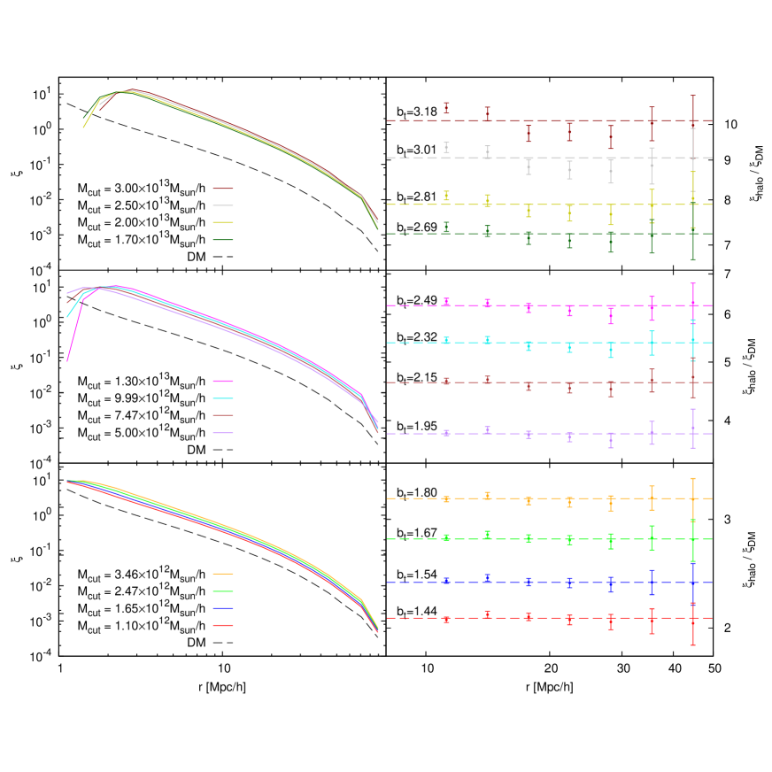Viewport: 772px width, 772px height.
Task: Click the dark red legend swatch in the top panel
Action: (223, 189)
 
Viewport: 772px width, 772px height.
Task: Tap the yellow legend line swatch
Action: (223, 222)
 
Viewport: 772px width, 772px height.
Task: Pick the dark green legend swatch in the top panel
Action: (223, 240)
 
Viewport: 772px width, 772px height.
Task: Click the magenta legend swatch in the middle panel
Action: (223, 381)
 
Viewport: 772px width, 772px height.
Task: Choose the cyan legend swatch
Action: (223, 398)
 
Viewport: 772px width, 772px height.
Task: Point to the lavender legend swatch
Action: (223, 433)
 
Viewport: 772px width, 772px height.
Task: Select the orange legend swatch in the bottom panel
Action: (223, 574)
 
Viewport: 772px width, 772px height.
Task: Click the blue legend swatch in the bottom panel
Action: (223, 608)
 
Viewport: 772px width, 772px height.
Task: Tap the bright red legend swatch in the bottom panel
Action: (223, 625)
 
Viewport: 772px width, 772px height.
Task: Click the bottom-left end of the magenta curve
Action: (67, 360)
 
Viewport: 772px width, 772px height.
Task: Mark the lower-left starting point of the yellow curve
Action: (83, 127)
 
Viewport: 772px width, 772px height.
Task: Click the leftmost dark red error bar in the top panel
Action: (446, 108)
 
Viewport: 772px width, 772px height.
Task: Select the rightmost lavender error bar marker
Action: (692, 428)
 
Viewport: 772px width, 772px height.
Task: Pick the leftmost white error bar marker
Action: (446, 148)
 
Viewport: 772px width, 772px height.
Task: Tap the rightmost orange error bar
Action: (692, 498)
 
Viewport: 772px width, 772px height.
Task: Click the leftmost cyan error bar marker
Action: (446, 340)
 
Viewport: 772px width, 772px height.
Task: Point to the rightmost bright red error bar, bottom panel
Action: (692, 623)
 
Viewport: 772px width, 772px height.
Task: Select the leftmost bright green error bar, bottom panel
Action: (446, 537)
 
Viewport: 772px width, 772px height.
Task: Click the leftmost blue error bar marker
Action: (446, 581)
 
